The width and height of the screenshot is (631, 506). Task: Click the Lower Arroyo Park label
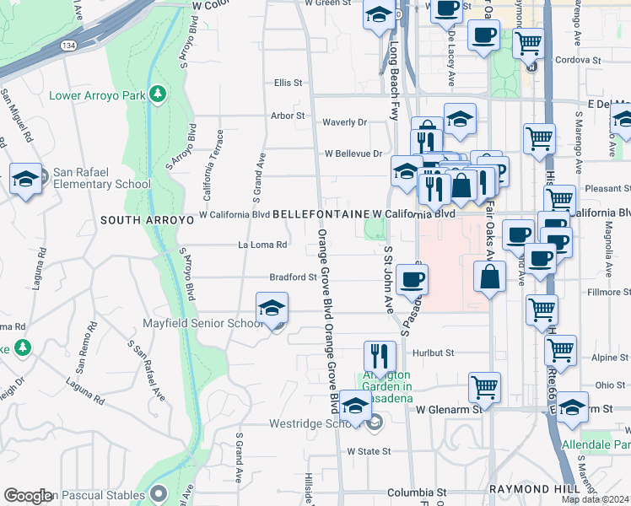point(98,95)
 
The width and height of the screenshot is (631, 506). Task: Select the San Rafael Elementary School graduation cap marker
point(25,179)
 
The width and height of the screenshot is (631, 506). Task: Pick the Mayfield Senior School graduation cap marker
point(272,310)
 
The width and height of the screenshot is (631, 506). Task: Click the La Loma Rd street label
point(263,245)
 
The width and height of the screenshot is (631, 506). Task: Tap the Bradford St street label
point(292,277)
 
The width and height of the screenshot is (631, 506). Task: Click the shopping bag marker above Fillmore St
point(490,277)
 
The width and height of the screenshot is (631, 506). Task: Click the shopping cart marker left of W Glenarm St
point(484,387)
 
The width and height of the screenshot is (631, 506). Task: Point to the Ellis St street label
point(288,83)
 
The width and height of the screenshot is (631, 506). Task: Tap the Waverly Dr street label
point(345,122)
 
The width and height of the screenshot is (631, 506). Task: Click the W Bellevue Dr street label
point(353,153)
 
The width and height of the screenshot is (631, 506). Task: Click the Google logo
point(28,496)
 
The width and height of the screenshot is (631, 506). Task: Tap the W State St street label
point(371,451)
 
